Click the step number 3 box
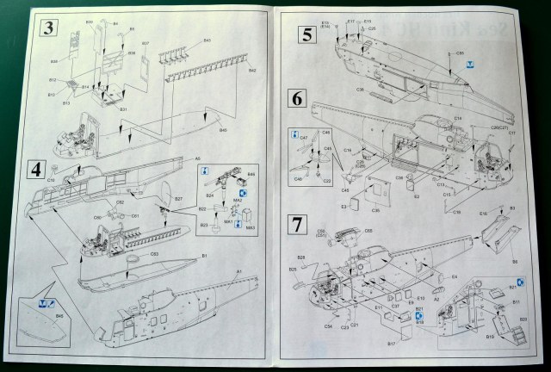(x=50, y=28)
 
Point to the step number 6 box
(x=296, y=97)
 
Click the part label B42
(x=252, y=71)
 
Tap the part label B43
(x=207, y=40)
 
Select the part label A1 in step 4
(x=238, y=272)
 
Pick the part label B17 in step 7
(x=390, y=344)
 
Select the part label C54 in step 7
(x=328, y=326)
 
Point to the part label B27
(x=178, y=200)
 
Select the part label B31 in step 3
(x=122, y=109)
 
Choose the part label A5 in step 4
(x=197, y=158)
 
